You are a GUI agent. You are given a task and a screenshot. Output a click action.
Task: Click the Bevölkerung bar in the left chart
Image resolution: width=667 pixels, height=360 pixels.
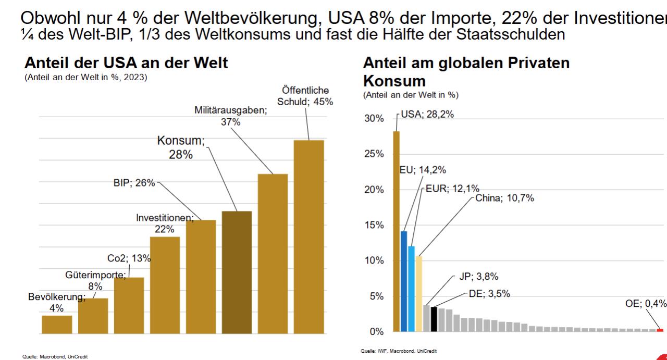click(57, 324)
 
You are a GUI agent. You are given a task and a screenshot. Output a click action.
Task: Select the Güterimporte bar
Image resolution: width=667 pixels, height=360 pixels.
click(93, 316)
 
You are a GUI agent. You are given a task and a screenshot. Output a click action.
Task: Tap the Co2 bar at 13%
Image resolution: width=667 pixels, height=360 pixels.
click(129, 305)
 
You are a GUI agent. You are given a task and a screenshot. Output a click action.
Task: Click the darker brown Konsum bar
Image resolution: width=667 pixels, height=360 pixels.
click(237, 272)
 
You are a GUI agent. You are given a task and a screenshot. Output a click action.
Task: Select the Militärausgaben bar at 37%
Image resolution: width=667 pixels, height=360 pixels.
click(273, 253)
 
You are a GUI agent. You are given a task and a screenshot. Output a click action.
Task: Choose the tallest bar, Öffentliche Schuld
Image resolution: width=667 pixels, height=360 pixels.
click(308, 237)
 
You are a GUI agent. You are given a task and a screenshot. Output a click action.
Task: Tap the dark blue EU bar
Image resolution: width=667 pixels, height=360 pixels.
click(404, 281)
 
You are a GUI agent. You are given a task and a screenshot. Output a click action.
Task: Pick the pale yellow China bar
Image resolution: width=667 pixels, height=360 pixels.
click(418, 294)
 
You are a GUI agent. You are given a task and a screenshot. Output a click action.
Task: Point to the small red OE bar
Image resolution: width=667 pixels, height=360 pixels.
click(660, 330)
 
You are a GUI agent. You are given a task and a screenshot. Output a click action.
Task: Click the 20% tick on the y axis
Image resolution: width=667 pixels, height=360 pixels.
click(373, 190)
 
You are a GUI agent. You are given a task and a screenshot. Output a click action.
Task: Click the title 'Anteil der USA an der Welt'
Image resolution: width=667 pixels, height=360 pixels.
click(126, 64)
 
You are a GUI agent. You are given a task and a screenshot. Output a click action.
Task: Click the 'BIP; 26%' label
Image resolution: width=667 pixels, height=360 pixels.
click(134, 183)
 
